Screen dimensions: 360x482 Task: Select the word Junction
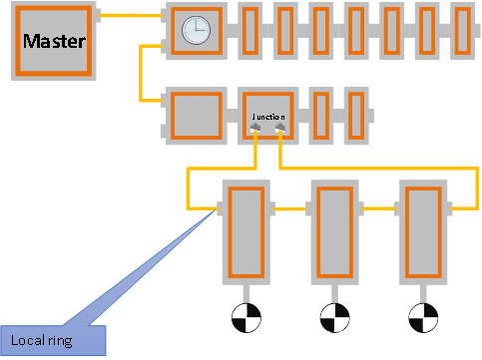point(267,117)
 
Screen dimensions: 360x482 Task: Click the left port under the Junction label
point(256,127)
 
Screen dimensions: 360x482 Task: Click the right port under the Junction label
point(279,127)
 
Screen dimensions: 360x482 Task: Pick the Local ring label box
point(52,341)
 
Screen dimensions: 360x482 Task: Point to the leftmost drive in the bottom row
point(243,230)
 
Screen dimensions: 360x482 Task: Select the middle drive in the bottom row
point(332,230)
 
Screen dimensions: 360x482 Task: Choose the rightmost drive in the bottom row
point(420,230)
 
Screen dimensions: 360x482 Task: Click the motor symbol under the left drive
point(244,318)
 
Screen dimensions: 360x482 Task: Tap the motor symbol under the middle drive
point(332,318)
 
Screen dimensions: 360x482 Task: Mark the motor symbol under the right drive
point(420,318)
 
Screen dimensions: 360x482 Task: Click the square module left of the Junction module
point(196,116)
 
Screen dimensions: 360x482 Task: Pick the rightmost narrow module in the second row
point(354,116)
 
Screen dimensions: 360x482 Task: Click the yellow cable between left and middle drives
point(288,209)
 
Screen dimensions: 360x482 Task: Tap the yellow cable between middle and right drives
point(376,209)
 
